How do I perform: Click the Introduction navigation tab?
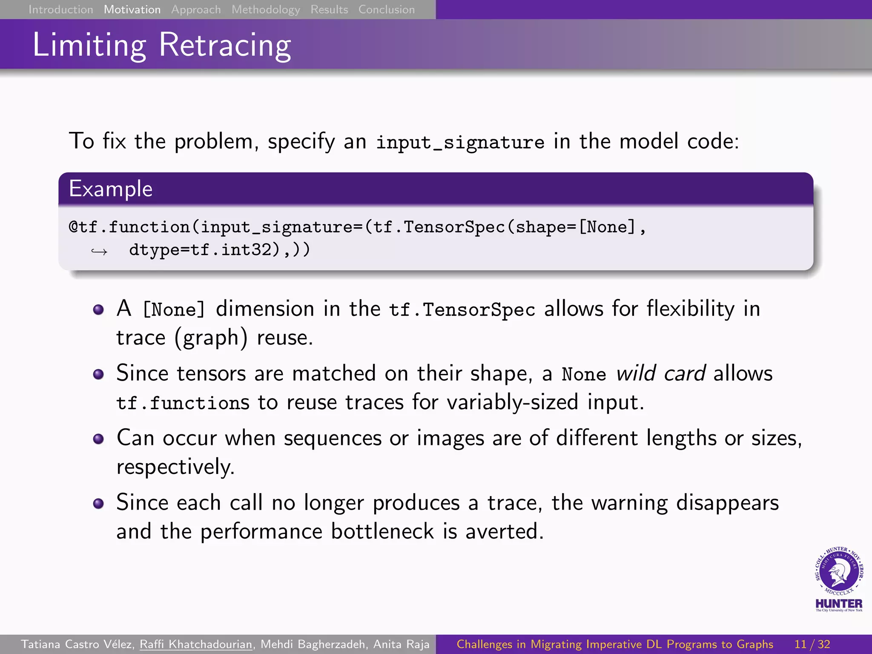tap(60, 9)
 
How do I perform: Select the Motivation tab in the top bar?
tap(132, 9)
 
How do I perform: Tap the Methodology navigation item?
tap(266, 9)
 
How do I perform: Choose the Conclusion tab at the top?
tap(386, 9)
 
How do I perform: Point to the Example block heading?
tap(111, 189)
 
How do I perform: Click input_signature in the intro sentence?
tap(460, 142)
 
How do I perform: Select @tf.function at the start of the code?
tap(129, 227)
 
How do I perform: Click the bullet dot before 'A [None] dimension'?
tap(98, 310)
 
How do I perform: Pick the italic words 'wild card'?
tap(661, 373)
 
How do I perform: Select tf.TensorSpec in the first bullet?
tap(462, 310)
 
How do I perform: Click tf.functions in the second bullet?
tap(183, 403)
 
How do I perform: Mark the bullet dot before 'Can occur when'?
tap(98, 439)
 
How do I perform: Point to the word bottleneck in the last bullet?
tap(382, 531)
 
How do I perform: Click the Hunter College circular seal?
tap(839, 571)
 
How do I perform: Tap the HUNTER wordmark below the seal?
tap(839, 603)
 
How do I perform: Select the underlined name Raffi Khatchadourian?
tap(196, 644)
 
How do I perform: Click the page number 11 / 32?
tap(812, 644)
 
